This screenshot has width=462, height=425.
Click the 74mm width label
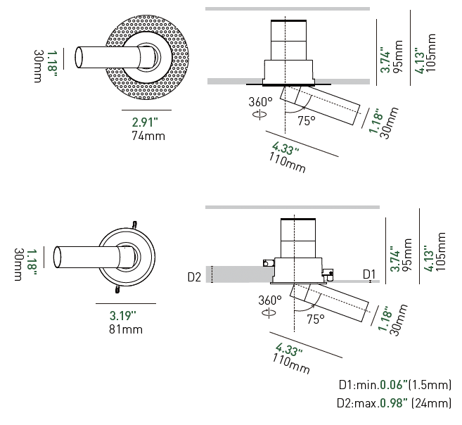click(148, 136)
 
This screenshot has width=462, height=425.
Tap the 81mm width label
click(126, 329)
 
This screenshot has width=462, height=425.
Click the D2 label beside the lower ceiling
click(195, 277)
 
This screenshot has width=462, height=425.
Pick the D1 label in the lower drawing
click(369, 273)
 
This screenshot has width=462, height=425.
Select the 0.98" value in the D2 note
click(393, 403)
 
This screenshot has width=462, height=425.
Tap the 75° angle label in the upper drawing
click(306, 120)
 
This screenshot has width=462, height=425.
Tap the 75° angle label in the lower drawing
click(315, 319)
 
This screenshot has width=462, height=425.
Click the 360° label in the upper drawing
click(259, 101)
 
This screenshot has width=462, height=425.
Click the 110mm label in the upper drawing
click(288, 163)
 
